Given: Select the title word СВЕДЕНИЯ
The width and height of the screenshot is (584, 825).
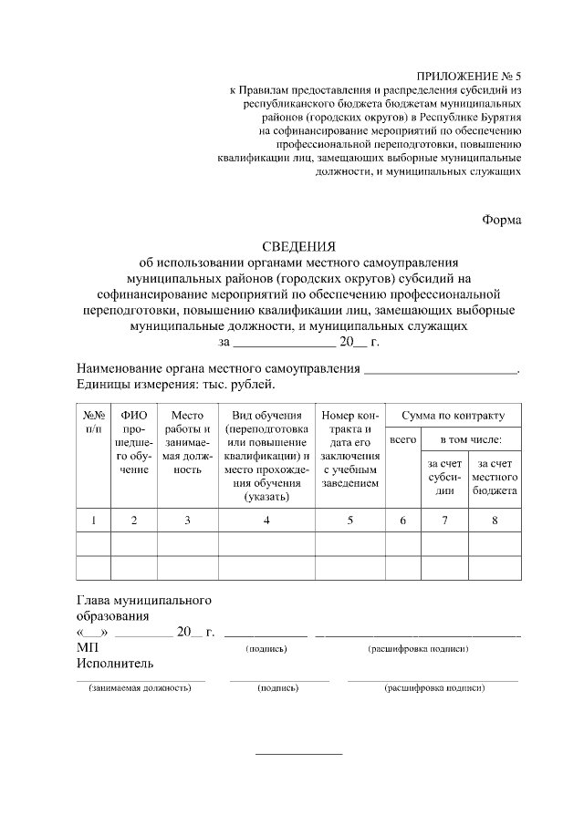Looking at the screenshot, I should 299,246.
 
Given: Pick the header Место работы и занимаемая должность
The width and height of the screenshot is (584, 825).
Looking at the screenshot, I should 187,442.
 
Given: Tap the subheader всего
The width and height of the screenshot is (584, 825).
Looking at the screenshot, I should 403,440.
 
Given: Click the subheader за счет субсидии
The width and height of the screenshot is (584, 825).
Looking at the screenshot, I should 444,477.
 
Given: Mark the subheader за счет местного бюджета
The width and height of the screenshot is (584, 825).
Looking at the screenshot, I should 495,477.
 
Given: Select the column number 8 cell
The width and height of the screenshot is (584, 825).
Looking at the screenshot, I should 495,521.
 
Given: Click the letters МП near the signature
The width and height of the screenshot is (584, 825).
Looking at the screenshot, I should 87,646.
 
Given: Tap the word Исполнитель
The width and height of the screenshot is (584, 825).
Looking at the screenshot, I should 115,663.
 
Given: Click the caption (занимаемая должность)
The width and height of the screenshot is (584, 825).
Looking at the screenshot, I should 140,688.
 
